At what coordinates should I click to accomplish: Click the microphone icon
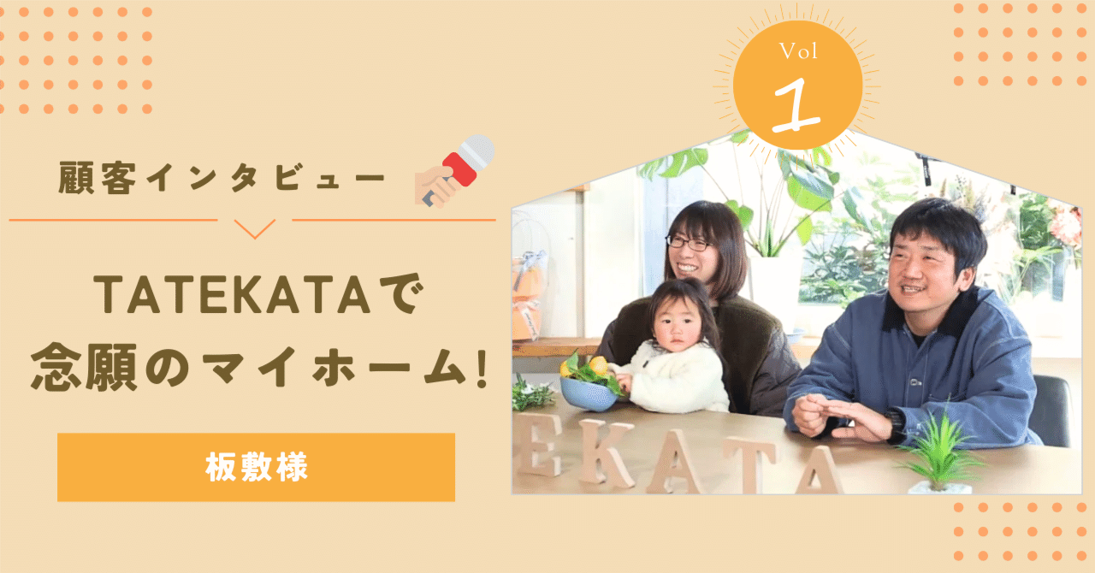tap(456, 170)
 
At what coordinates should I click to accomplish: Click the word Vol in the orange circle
tap(798, 53)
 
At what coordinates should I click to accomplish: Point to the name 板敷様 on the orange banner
tap(256, 467)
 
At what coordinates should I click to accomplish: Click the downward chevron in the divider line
tap(254, 228)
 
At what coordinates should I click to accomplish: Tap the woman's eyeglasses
tap(690, 243)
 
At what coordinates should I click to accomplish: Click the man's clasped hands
tap(834, 416)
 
